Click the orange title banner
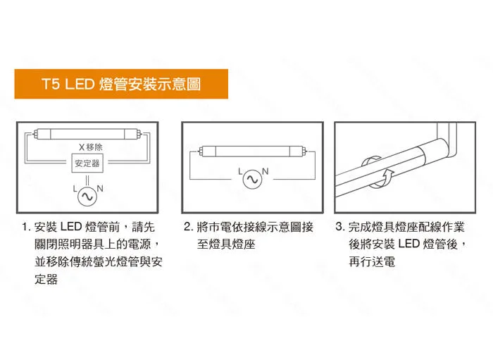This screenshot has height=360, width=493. coord(121,84)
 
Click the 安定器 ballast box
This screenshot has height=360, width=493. coord(87,163)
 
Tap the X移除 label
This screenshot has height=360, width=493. coord(91,147)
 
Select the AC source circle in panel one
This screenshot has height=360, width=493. coord(87,197)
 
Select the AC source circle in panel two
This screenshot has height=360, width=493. coord(252,179)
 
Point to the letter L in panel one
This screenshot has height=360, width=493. coord(75,189)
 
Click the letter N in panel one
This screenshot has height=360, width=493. coord(100,188)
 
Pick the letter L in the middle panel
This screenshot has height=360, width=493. coord(240,172)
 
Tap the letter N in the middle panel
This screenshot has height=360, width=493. coord(266,171)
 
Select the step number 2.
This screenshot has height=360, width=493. coord(188,227)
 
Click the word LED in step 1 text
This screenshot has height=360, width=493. coord(71,227)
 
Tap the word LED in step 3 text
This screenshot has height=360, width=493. coord(409,244)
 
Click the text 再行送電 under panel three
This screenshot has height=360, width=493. coord(372,261)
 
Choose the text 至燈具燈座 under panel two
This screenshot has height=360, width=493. coord(226,244)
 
